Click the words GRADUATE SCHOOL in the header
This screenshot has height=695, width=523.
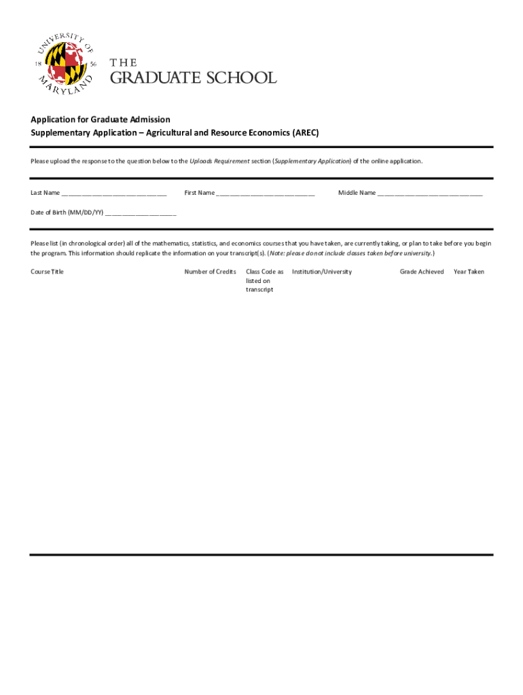(194, 78)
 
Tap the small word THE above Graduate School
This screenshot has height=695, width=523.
(124, 63)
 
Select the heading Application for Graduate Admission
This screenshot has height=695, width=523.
(101, 119)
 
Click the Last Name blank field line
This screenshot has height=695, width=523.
(114, 194)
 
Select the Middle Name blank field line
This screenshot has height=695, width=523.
(430, 194)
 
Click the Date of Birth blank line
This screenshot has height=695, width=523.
(141, 213)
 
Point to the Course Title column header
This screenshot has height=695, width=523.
(48, 271)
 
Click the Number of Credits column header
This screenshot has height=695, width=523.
(211, 271)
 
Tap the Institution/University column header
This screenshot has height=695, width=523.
(322, 271)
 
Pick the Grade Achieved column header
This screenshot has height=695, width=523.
(422, 271)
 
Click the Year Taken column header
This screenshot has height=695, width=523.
(469, 271)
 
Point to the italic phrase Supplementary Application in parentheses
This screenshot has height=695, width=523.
(312, 161)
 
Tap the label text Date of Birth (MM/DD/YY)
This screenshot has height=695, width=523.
(67, 212)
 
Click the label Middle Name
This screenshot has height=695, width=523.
(357, 193)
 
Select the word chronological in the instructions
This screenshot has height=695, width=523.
(86, 242)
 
